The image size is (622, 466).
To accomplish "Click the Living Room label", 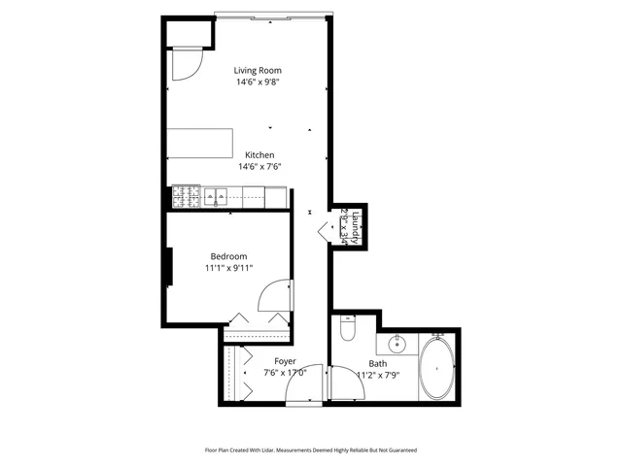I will pos(259,70).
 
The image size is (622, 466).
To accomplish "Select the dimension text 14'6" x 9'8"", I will pos(259,83).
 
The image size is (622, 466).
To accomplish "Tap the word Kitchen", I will pos(259,155).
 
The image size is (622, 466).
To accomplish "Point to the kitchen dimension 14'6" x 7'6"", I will pos(259,167).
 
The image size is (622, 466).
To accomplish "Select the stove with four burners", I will pos(185,197).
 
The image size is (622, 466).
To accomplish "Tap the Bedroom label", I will pos(228,256).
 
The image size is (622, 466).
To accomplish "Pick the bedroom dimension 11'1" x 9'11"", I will pos(228,268).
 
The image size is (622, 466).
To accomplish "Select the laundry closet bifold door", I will pos(324,230).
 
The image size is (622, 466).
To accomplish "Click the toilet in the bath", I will pos(348,331).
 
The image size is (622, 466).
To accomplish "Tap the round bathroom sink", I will pos(397,344).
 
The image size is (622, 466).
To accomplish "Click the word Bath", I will pos(377,362).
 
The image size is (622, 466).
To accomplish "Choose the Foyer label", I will pos(286,361).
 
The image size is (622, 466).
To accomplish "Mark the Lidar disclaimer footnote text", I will pos(310,449).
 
